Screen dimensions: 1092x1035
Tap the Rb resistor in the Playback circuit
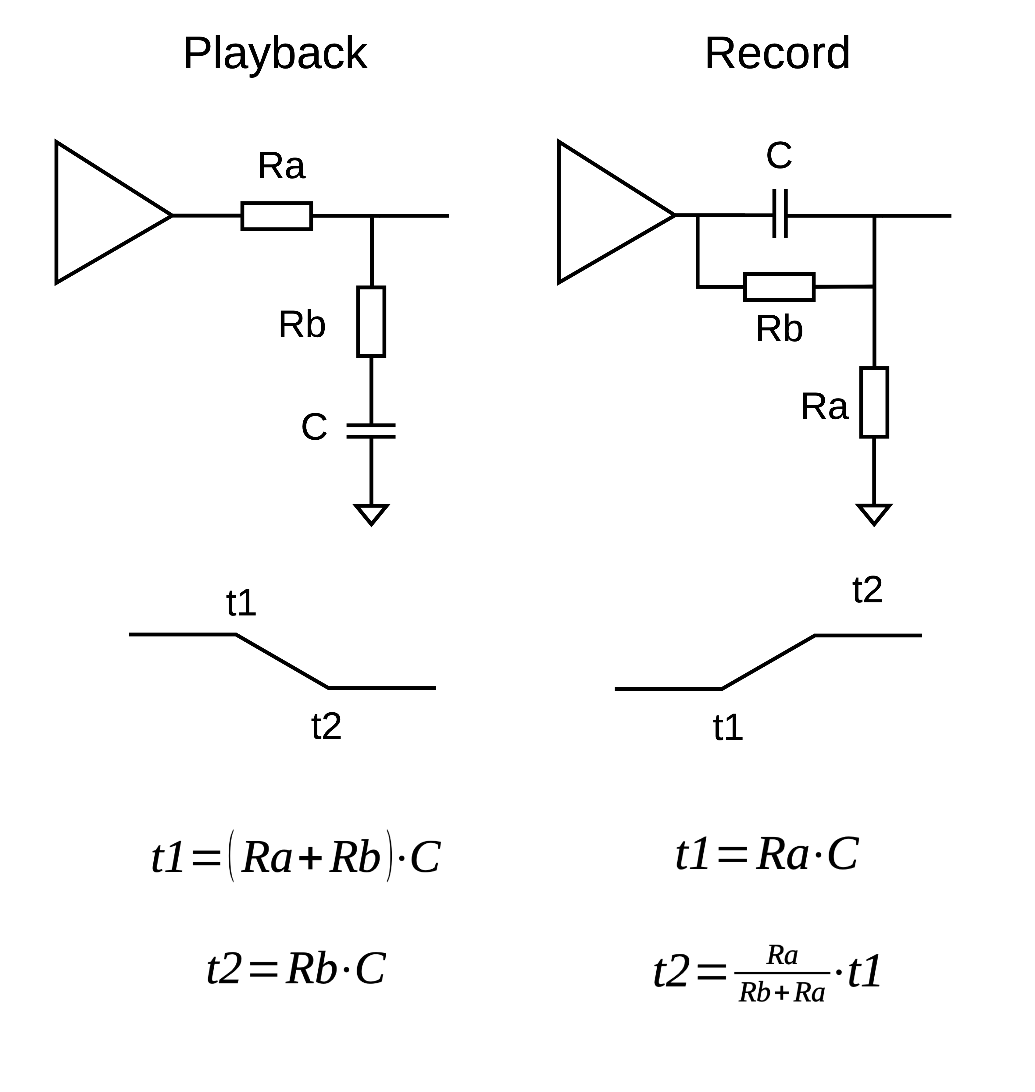click(371, 321)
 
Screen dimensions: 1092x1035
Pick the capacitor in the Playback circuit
click(371, 431)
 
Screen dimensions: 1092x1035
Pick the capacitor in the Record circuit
click(780, 214)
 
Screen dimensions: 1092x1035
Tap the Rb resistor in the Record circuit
click(779, 287)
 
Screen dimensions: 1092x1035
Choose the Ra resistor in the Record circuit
click(874, 402)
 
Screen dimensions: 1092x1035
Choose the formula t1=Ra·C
click(767, 854)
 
